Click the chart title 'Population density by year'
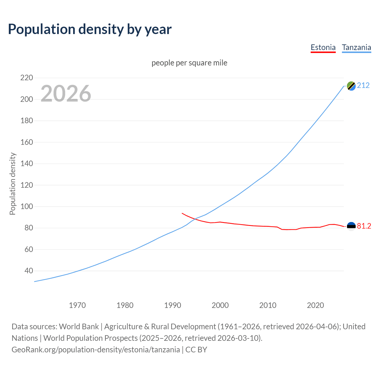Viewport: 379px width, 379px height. click(90, 29)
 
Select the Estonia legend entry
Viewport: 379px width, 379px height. click(323, 47)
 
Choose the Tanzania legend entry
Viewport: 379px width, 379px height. click(356, 47)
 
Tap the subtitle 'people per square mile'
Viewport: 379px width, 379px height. click(189, 63)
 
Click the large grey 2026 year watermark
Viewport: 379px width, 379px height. click(66, 94)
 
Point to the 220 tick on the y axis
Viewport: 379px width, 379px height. click(27, 78)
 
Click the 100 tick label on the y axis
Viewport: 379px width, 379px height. click(27, 206)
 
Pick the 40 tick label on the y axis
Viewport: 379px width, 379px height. click(29, 271)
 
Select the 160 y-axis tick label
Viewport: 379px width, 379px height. click(27, 142)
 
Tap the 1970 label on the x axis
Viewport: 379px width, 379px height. click(77, 305)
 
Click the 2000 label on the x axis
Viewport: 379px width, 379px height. click(220, 305)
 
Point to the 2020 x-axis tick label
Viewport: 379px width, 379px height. click(315, 305)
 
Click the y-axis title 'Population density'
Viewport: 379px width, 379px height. click(12, 184)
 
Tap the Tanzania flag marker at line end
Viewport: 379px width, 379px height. click(351, 86)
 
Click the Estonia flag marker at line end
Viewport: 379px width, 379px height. click(351, 227)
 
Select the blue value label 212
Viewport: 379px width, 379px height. click(363, 86)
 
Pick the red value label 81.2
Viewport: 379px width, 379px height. click(364, 226)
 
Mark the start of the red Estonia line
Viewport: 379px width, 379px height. click(182, 213)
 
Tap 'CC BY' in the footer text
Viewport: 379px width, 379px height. click(196, 350)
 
